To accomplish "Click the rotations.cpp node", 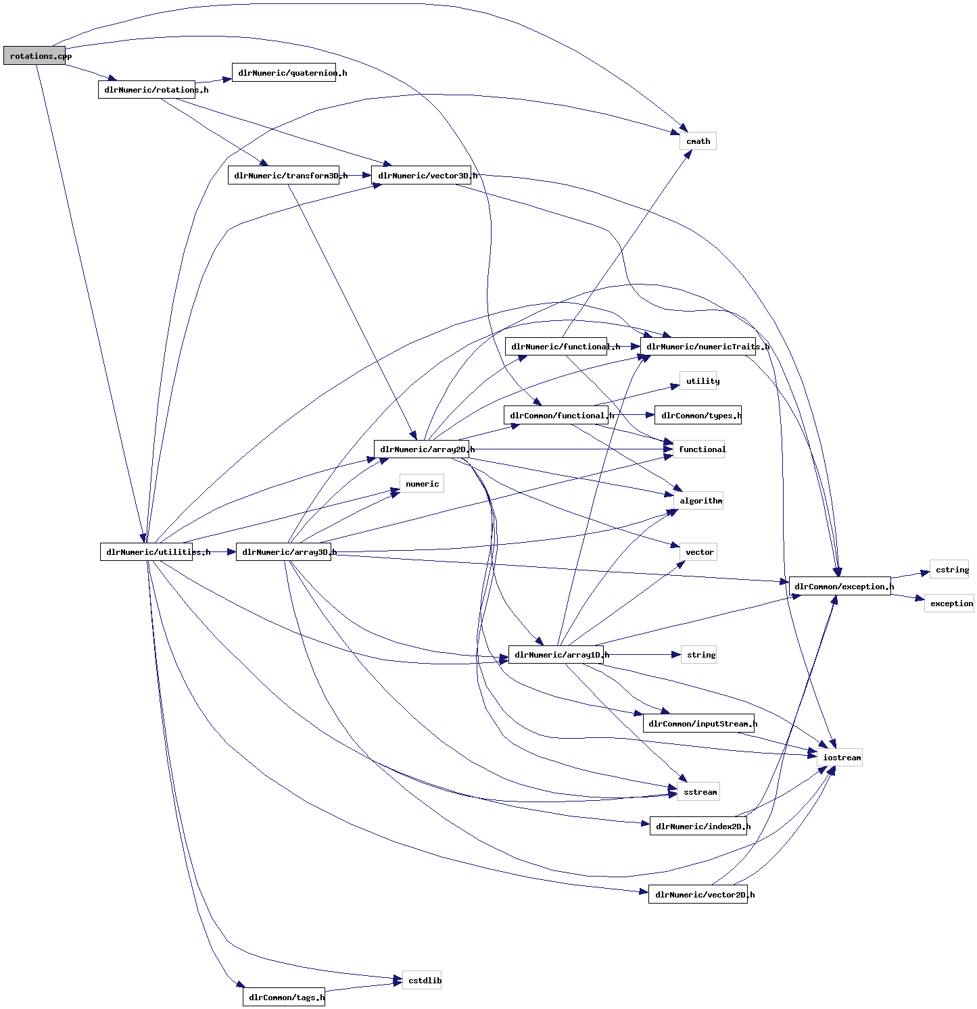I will tap(34, 56).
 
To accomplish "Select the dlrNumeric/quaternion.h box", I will tap(284, 73).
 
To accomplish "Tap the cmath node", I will tap(698, 141).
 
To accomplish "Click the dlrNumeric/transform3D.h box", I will tap(283, 176).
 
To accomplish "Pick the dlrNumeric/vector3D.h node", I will tap(421, 176).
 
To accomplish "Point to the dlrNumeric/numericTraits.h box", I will tap(698, 347).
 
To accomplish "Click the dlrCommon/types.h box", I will tap(698, 416).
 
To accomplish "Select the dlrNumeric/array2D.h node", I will tap(421, 449).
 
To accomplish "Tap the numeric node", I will tap(422, 484).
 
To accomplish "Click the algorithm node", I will tap(698, 501).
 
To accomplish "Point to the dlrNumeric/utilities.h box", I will tap(146, 552).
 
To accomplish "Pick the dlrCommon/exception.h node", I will tap(840, 587).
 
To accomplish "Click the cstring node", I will tap(949, 570).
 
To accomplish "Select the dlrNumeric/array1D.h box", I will tap(556, 655).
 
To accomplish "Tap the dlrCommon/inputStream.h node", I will tap(698, 724).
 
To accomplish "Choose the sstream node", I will tap(698, 792).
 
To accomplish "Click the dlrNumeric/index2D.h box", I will tap(698, 827).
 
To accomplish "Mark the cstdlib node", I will tap(422, 981).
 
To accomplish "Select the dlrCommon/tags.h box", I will tap(284, 998).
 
